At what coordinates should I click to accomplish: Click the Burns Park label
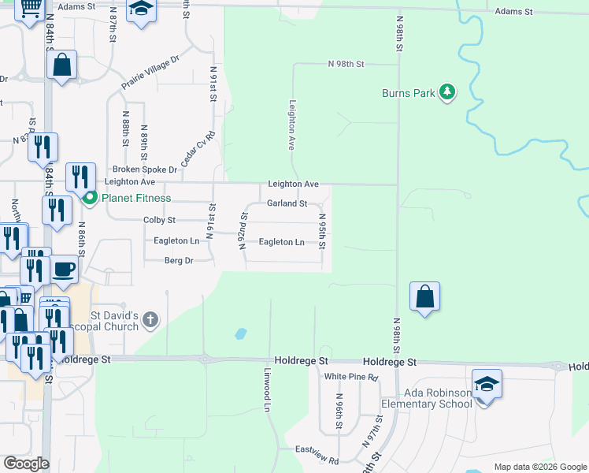(408, 93)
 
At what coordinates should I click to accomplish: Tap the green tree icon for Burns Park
(447, 92)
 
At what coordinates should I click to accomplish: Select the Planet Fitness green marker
(90, 197)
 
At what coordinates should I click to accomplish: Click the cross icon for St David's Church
(150, 320)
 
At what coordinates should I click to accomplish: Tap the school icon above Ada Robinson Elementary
(487, 384)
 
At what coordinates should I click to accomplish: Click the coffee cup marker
(65, 269)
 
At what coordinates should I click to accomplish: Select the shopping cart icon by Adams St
(31, 8)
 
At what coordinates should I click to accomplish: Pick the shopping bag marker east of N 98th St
(424, 296)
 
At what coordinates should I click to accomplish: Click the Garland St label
(287, 203)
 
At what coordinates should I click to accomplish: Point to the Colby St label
(159, 220)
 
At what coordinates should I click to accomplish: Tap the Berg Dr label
(179, 260)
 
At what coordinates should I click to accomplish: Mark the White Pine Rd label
(351, 378)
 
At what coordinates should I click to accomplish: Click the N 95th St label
(321, 229)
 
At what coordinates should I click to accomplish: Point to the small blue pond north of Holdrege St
(240, 334)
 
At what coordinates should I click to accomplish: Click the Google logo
(26, 464)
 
